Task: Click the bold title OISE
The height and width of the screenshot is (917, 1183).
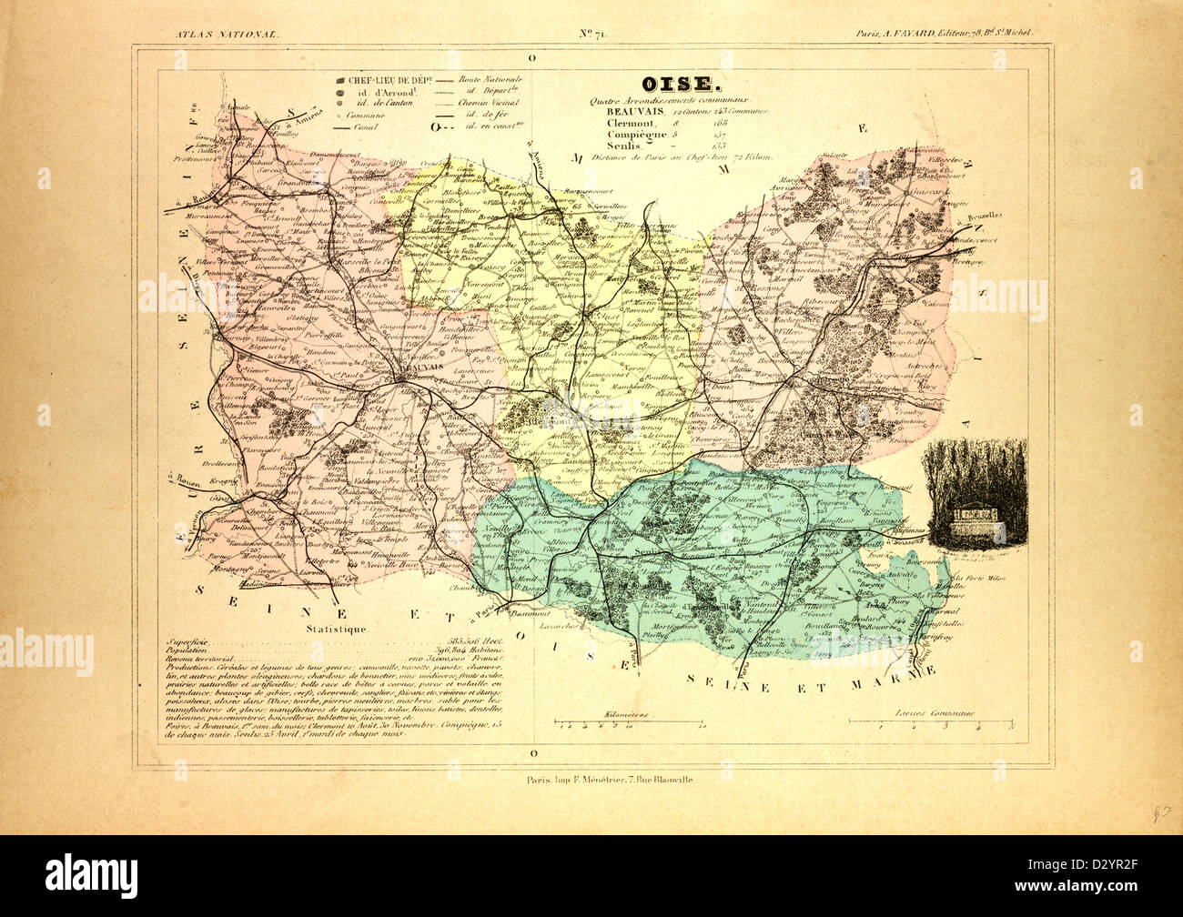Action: pos(674,85)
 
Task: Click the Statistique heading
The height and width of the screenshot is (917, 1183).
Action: pos(336,629)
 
